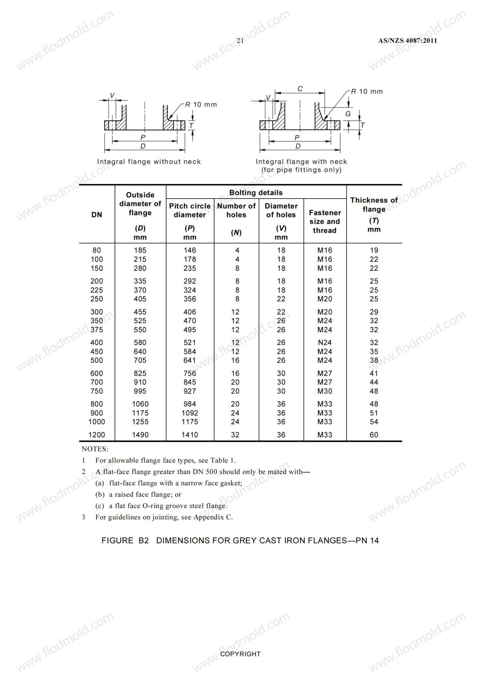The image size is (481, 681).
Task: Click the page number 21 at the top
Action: click(x=240, y=41)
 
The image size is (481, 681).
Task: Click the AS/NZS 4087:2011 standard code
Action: click(x=408, y=41)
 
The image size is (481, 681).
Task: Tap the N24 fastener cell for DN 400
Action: click(x=324, y=342)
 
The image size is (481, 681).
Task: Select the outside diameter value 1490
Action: click(x=140, y=435)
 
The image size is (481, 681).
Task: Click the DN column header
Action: click(x=97, y=215)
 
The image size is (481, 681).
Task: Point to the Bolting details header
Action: click(x=256, y=193)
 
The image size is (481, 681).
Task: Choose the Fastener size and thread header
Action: click(x=325, y=221)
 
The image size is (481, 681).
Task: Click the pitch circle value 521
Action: click(x=190, y=342)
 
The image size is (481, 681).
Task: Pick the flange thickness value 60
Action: click(x=374, y=435)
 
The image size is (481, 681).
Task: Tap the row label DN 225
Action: click(x=97, y=290)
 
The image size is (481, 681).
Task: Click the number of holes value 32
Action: click(x=235, y=435)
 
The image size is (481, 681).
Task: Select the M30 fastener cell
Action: click(x=324, y=391)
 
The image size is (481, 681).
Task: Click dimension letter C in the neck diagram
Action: click(x=300, y=89)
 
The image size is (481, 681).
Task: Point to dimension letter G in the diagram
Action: click(x=348, y=114)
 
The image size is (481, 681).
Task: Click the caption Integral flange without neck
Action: click(x=149, y=162)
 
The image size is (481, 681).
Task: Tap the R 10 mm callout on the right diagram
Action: click(x=367, y=91)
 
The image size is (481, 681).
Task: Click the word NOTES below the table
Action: click(x=95, y=449)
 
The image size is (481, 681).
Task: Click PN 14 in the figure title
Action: click(x=367, y=540)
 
